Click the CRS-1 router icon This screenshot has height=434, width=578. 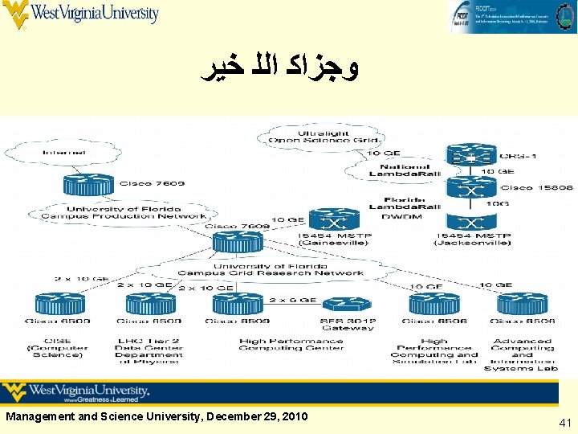point(472,155)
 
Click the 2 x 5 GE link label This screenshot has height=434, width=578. point(294,300)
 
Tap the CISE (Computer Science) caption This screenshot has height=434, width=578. point(59,347)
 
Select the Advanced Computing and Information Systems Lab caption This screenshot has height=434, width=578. point(523,354)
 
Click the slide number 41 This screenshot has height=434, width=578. point(564,421)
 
